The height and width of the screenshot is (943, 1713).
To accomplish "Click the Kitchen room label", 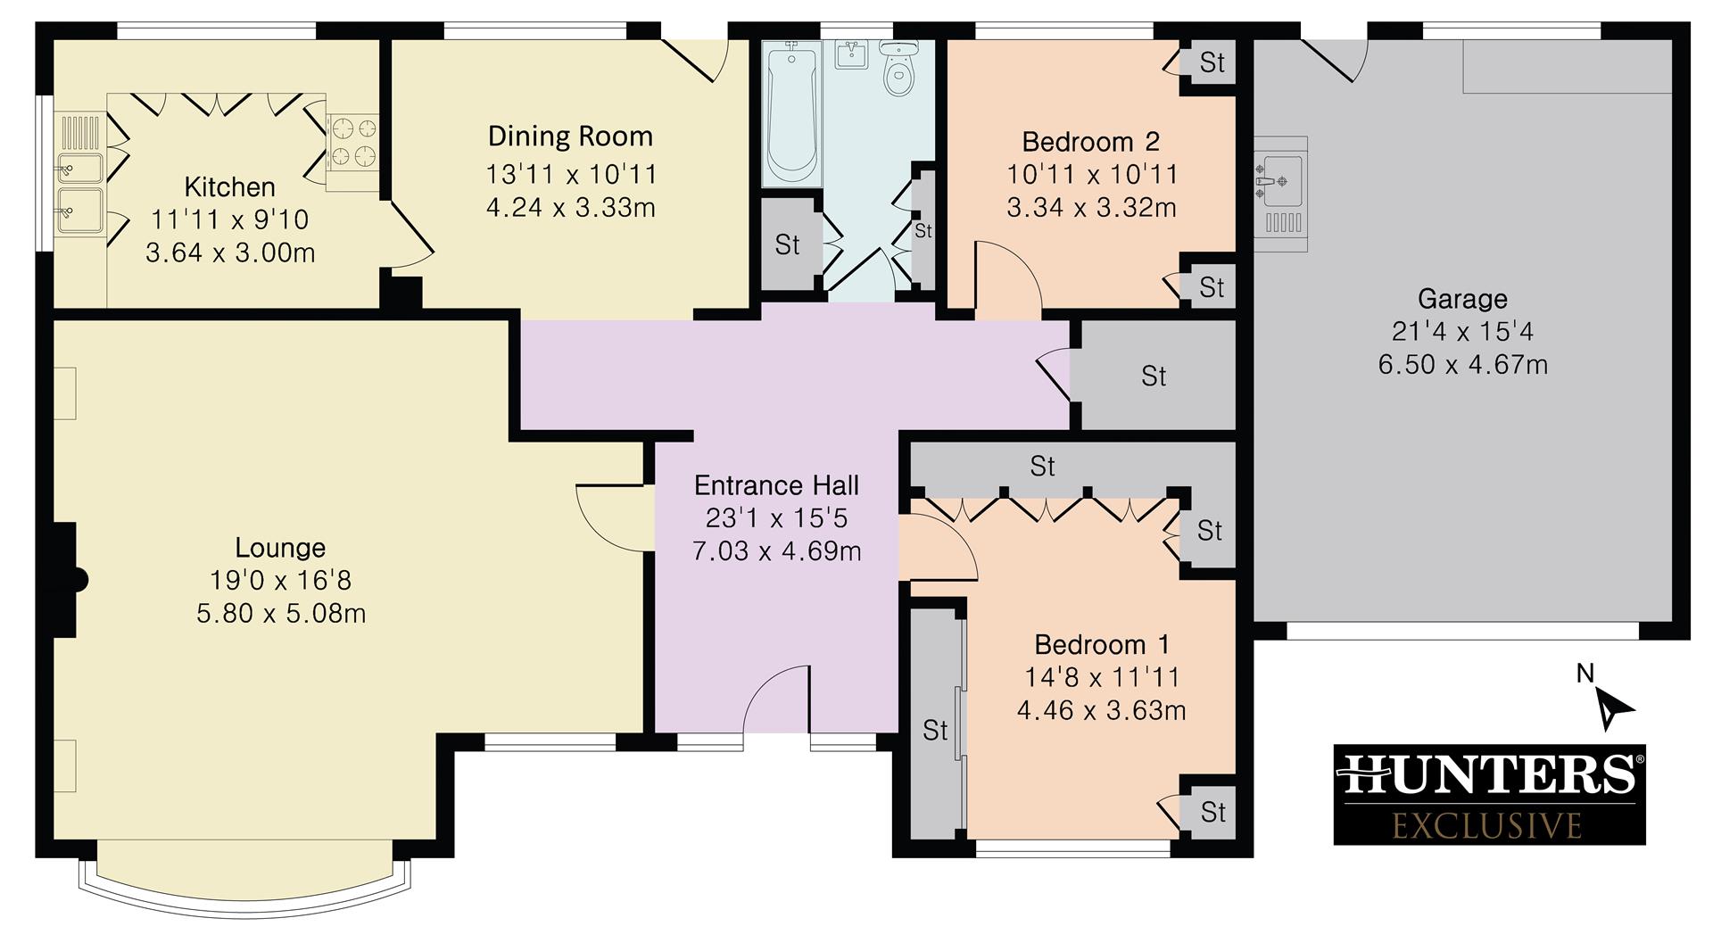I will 229,187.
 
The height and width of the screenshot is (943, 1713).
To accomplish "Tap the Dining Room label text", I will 570,136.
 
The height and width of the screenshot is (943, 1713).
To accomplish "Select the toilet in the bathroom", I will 898,70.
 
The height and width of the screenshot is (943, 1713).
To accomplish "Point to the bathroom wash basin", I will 854,54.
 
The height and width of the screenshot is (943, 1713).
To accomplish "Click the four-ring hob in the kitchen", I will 351,143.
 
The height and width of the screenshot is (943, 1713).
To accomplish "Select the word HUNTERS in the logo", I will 1489,774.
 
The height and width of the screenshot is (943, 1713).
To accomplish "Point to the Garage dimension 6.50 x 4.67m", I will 1462,365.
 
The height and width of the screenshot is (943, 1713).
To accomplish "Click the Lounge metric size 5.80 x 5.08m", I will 281,614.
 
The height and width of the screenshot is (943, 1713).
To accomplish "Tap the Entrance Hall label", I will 776,486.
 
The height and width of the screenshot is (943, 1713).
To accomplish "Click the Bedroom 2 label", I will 1090,142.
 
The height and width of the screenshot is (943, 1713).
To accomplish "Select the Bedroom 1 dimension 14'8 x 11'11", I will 1102,678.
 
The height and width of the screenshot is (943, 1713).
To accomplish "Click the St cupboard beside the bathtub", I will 787,244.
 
